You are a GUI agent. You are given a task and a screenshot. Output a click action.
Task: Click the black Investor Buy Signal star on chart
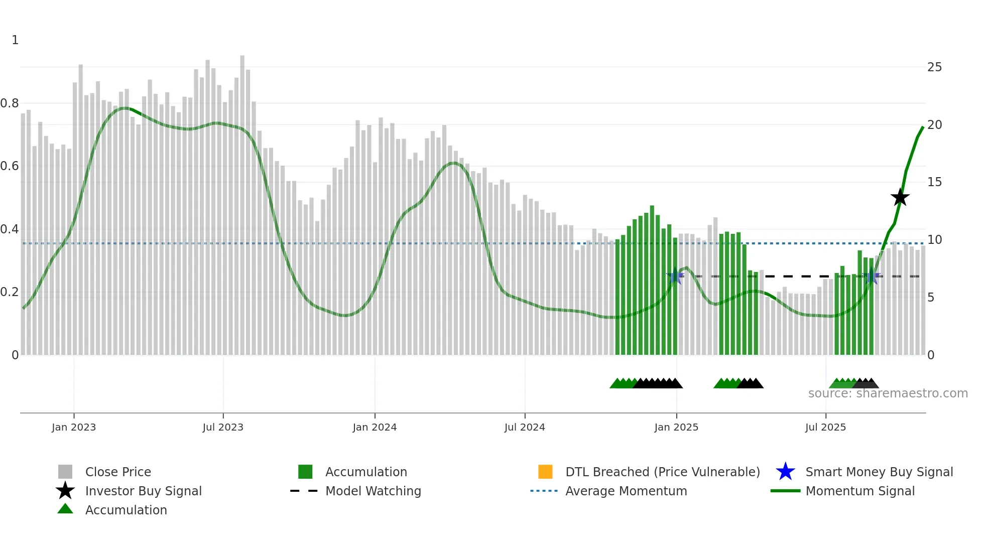(900, 197)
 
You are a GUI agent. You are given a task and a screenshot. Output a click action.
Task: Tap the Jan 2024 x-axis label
(375, 427)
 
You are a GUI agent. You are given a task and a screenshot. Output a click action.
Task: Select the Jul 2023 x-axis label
(223, 427)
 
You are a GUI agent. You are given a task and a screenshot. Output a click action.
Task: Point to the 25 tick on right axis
(934, 67)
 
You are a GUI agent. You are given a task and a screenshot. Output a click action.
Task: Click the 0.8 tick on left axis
(10, 103)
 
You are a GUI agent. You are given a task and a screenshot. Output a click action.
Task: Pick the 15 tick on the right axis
(934, 182)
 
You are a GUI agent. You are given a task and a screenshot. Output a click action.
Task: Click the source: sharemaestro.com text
(888, 393)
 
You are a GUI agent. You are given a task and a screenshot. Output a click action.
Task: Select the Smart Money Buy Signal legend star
(785, 472)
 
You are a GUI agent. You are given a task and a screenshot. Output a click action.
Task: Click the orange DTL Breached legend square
(545, 472)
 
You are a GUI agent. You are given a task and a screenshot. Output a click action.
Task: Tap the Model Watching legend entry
(373, 491)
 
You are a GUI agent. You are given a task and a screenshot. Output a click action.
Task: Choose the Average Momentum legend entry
(626, 491)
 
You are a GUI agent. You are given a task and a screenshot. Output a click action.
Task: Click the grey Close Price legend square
(65, 472)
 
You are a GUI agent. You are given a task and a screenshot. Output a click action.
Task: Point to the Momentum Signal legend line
(785, 491)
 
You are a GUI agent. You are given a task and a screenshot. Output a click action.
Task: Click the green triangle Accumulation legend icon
(65, 509)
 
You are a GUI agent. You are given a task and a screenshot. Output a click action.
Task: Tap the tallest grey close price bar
(242, 201)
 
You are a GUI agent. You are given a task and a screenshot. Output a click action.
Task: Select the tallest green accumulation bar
(652, 281)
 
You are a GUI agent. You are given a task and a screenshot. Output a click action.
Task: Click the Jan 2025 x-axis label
(676, 427)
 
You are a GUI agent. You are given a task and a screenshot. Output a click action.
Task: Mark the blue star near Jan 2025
(675, 276)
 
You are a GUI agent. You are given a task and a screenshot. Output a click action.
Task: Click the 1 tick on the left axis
(15, 40)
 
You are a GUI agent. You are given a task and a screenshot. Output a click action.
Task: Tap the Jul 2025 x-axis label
(825, 427)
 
